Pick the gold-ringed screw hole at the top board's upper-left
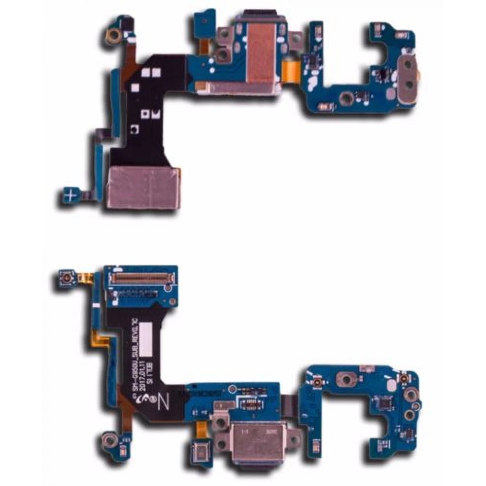pyautogui.click(x=113, y=34)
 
